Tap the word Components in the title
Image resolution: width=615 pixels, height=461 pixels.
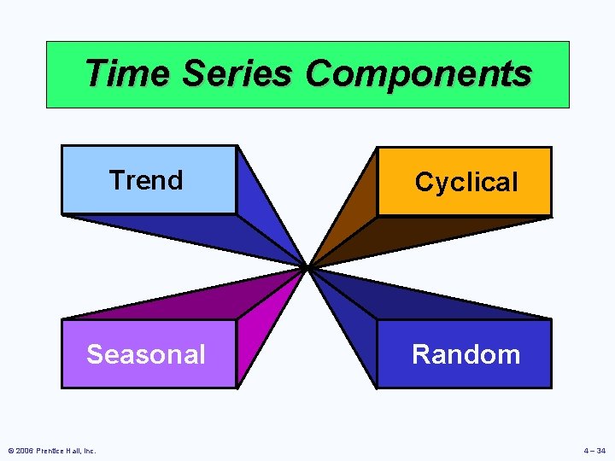point(418,74)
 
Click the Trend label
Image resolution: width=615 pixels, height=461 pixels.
point(146,180)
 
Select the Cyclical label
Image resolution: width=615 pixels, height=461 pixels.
point(466,182)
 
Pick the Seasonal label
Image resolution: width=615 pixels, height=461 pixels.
point(146,354)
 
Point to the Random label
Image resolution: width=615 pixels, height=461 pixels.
point(466,354)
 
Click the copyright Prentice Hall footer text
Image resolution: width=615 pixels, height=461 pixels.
point(50,450)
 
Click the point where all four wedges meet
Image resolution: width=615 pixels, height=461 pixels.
point(307,267)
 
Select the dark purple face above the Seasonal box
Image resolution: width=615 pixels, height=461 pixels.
point(196,299)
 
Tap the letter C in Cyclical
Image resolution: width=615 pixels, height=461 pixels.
point(424,182)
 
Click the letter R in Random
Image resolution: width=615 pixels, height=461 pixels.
point(421,354)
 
